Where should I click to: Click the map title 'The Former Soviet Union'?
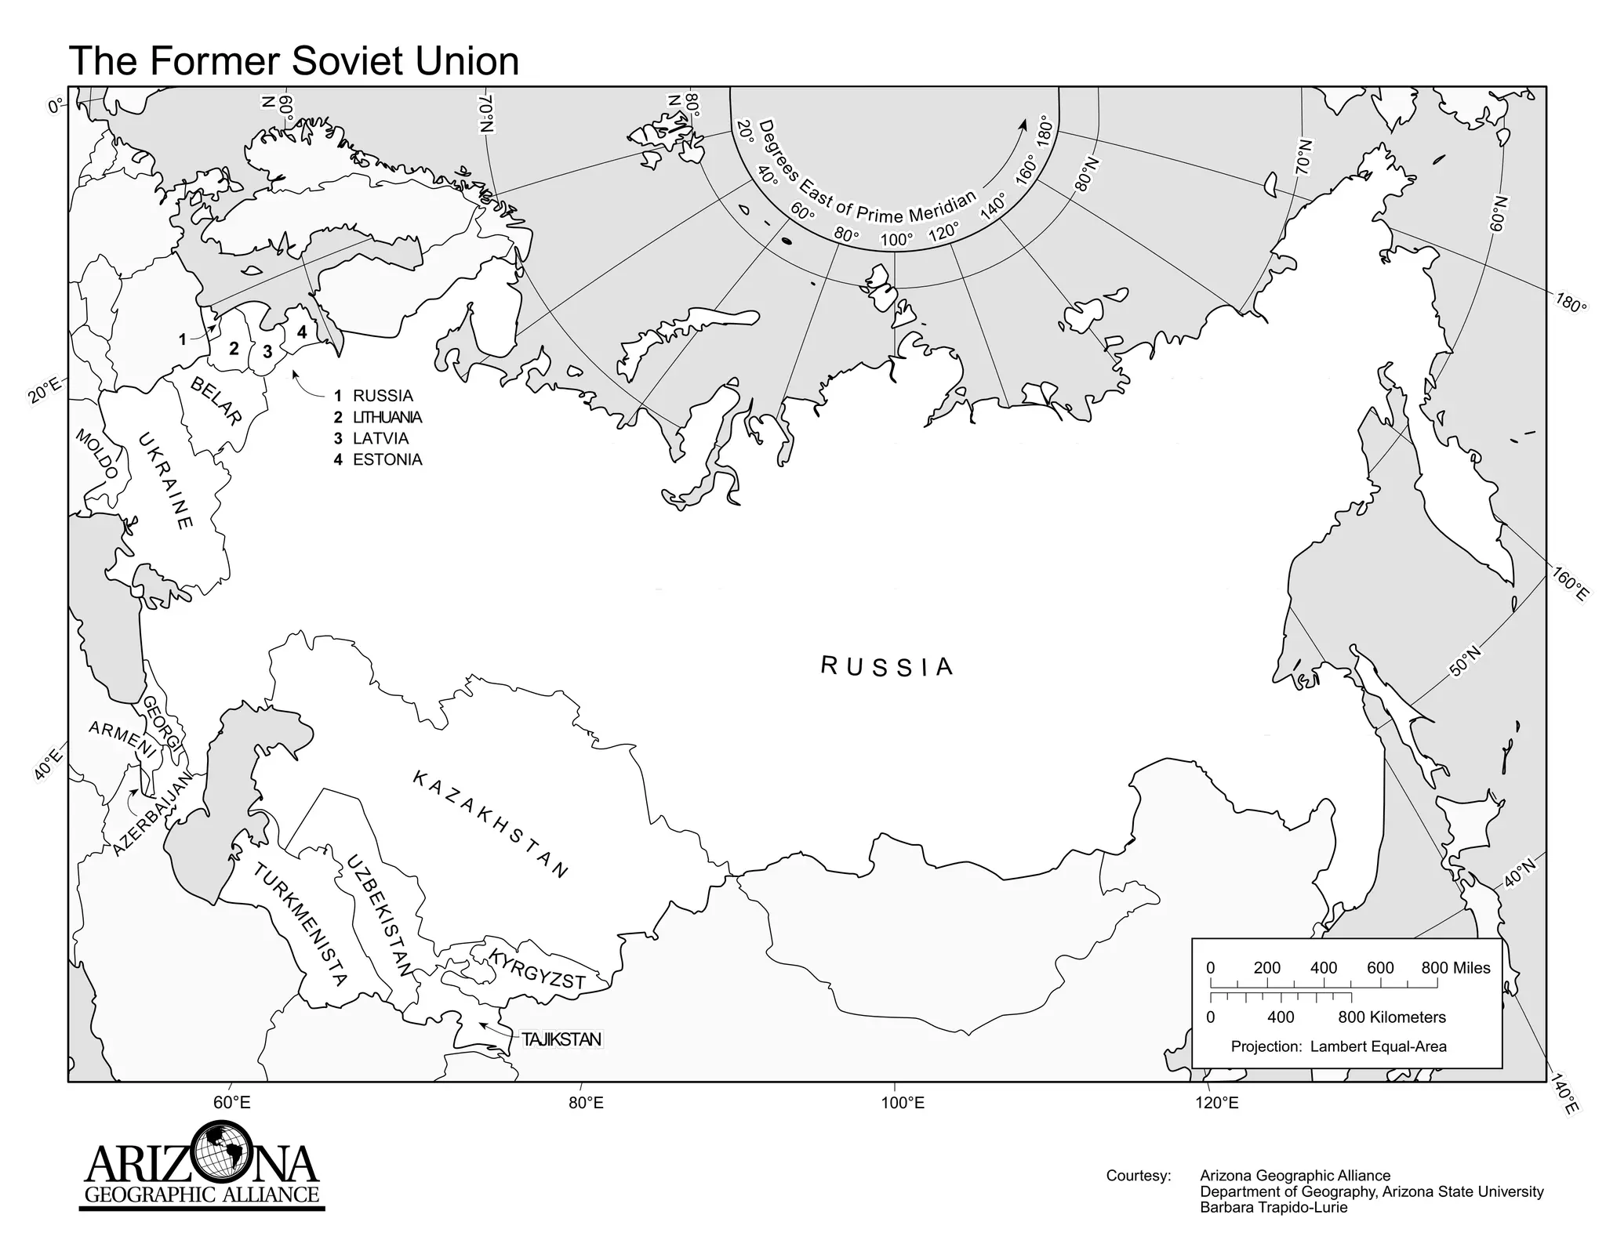pos(294,61)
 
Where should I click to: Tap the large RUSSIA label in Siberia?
pos(887,666)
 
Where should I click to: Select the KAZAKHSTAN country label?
pos(489,825)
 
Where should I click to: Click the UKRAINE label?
pos(165,480)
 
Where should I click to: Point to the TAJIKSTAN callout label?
pos(561,1039)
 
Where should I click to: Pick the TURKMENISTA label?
pos(300,923)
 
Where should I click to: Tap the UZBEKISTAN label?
pos(380,915)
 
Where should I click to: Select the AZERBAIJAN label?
pos(152,813)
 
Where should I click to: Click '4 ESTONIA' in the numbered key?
pos(378,460)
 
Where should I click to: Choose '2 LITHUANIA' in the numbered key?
pos(378,418)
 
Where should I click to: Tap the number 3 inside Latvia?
pos(267,352)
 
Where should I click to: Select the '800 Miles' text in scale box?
pos(1455,968)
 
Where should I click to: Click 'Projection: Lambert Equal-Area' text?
pos(1339,1046)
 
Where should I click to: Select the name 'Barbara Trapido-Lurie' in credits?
pos(1274,1208)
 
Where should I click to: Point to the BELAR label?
pos(216,401)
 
